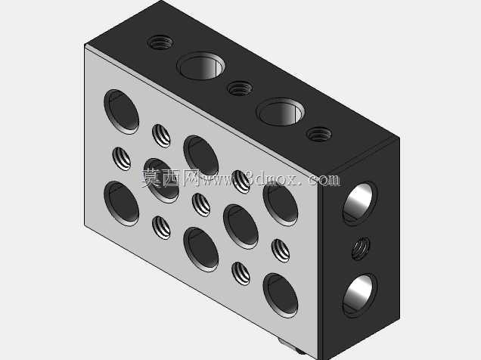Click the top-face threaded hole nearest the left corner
160,42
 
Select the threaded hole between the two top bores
240,88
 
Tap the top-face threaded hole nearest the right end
319,135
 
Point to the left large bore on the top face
201,66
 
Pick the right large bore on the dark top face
281,112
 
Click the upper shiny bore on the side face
360,203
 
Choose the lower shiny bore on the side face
360,295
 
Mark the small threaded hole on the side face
361,249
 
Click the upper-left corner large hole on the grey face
122,112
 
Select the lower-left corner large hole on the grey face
122,203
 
